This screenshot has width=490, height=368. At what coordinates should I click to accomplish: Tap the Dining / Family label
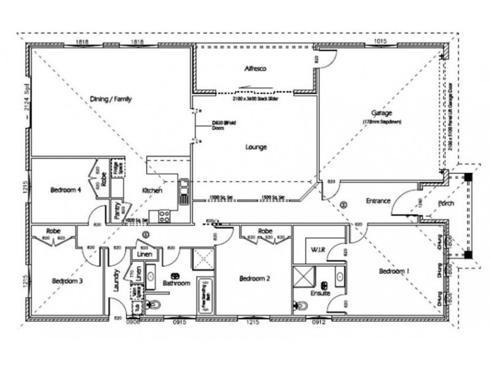point(111,99)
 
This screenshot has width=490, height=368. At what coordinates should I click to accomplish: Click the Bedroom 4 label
point(66,190)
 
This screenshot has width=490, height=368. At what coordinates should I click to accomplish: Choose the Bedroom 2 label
point(254,277)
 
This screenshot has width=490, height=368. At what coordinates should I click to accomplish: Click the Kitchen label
point(152,191)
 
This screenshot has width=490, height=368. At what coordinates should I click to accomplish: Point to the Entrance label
point(379,201)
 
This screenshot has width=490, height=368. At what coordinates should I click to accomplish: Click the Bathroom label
point(177,283)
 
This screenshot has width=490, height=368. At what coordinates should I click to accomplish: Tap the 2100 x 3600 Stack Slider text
point(255,98)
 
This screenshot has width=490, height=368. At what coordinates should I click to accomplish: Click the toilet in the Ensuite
point(301,304)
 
